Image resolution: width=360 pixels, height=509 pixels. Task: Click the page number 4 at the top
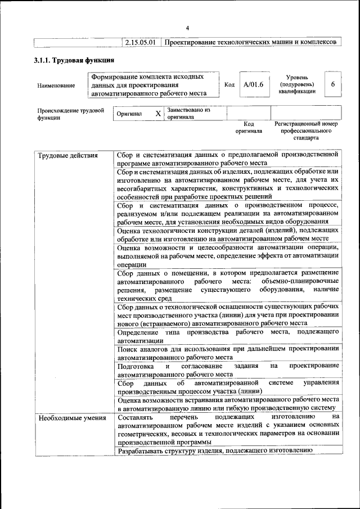[x=188, y=28]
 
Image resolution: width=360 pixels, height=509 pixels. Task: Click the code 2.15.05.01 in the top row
[x=140, y=42]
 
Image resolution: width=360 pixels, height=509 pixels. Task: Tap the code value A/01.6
[x=253, y=85]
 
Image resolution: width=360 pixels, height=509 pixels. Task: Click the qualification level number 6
[x=333, y=84]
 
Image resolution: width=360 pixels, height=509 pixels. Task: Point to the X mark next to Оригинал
[x=158, y=114]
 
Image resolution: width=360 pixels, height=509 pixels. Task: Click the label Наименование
[x=56, y=85]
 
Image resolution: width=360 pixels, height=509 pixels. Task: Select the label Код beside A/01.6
[x=229, y=85]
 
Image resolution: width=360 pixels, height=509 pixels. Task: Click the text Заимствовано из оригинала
[x=188, y=114]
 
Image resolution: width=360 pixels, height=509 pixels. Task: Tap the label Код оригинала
[x=249, y=127]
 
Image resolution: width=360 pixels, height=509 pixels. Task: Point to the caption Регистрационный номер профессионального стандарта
[x=305, y=130]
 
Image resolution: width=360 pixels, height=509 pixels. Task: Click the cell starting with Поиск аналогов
[x=227, y=353]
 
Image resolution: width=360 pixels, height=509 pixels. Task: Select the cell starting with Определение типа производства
[x=227, y=336]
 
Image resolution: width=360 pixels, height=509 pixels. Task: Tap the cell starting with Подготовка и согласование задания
[x=227, y=369]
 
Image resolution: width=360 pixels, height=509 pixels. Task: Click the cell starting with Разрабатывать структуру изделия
[x=214, y=451]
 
